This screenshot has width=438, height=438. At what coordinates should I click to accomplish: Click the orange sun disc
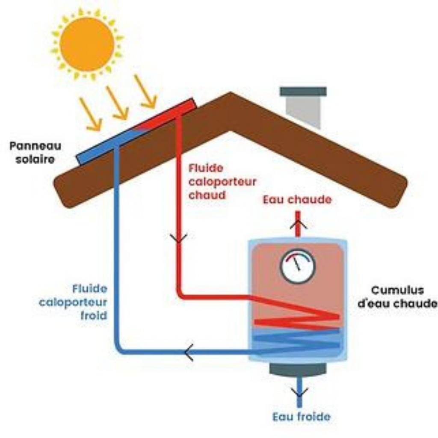pos(87,44)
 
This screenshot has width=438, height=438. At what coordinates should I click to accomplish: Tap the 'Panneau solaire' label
pos(35,153)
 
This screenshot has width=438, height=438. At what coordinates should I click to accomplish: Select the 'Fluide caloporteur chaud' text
pos(222,181)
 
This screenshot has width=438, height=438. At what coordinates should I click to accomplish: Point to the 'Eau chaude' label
pos(297,200)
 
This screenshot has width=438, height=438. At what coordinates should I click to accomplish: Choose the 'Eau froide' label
pos(301,416)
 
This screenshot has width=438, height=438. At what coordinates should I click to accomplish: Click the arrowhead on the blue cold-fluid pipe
pos(189,352)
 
